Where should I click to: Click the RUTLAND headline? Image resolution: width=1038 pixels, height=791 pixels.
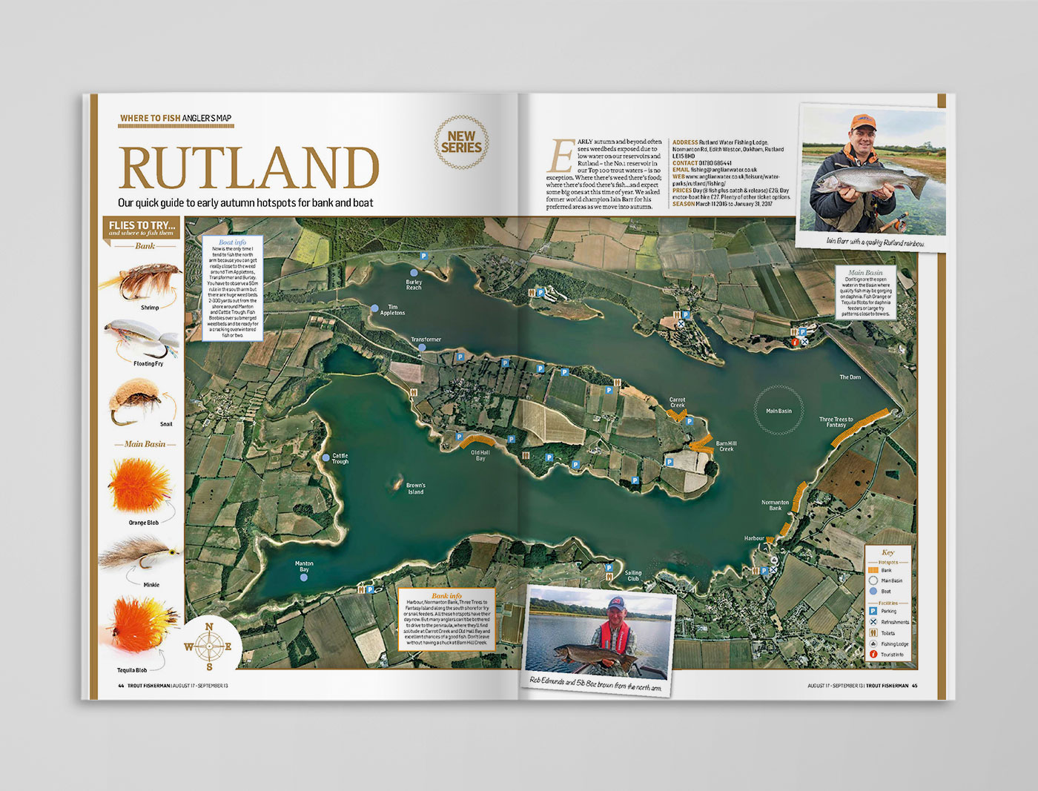click(x=248, y=168)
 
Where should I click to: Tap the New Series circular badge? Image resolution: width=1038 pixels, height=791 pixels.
click(x=461, y=142)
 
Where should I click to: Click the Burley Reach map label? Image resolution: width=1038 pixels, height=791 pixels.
click(x=414, y=285)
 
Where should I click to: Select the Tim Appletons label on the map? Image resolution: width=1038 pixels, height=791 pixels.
click(x=392, y=310)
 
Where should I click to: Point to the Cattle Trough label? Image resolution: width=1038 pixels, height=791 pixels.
click(x=340, y=459)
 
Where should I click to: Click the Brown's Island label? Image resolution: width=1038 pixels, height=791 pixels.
click(x=416, y=489)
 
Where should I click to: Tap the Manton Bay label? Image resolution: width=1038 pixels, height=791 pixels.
click(x=304, y=566)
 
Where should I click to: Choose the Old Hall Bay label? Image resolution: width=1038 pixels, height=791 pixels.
click(x=480, y=455)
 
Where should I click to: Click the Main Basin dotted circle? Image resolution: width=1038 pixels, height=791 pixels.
click(x=778, y=411)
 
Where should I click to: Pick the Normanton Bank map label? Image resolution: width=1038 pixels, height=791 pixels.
click(x=775, y=505)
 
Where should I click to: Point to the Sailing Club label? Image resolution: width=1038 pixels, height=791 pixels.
click(x=633, y=575)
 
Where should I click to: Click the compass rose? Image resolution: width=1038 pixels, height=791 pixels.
click(x=209, y=646)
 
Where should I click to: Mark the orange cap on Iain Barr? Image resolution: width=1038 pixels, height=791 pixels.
click(x=861, y=122)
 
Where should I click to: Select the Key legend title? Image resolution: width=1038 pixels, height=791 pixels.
click(x=887, y=552)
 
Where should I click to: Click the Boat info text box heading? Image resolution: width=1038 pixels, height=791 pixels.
click(x=232, y=242)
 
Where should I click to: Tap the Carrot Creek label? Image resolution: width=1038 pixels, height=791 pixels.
click(x=677, y=403)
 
